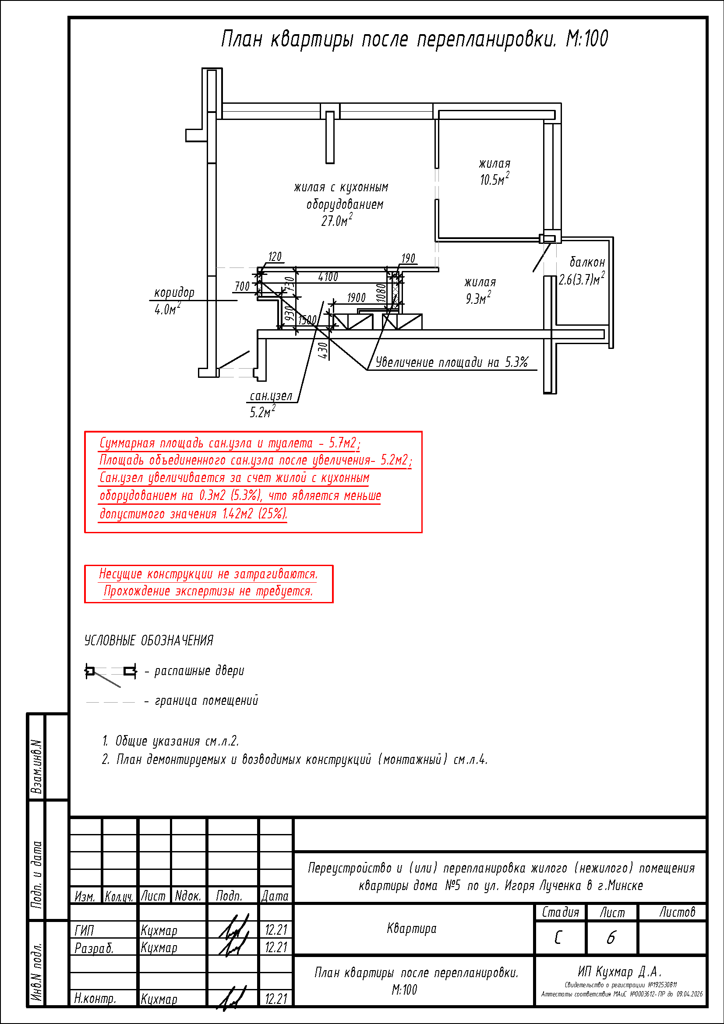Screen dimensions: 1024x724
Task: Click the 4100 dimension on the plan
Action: click(328, 277)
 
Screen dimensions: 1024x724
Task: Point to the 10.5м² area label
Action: click(494, 179)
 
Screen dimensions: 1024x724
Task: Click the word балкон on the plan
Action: click(587, 262)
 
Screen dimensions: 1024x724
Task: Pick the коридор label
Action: click(174, 292)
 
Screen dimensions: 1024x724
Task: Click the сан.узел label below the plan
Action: click(271, 396)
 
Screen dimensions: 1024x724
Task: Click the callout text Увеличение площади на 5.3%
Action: click(452, 362)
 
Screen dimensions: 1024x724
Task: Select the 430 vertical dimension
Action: click(323, 350)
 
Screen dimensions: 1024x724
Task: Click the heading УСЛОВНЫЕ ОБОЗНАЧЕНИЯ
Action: click(149, 640)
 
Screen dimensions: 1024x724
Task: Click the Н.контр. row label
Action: click(95, 999)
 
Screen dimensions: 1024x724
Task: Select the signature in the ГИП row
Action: click(233, 928)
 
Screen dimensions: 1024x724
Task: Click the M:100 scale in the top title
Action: click(586, 39)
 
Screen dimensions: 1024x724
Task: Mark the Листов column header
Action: click(677, 912)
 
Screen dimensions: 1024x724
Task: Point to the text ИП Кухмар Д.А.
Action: click(620, 971)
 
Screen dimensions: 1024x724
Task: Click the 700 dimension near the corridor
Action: click(242, 286)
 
